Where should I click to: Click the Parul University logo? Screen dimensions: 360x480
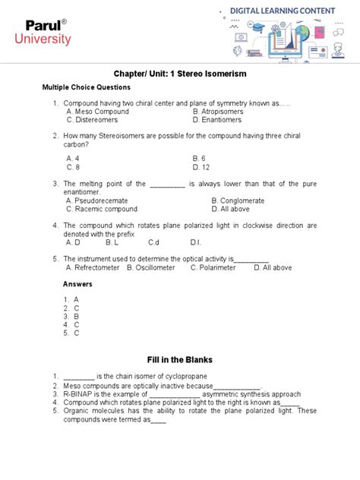(x=46, y=33)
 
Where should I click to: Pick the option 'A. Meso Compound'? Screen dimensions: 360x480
(x=97, y=111)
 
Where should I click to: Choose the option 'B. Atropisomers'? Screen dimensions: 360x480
(x=218, y=111)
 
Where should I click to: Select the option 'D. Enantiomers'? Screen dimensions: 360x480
(x=217, y=119)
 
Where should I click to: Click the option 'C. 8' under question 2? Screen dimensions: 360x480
(x=74, y=166)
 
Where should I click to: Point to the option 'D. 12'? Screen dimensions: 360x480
(x=201, y=166)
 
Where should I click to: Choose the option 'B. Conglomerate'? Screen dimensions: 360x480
(x=243, y=201)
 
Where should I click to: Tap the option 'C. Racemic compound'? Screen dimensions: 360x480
(x=102, y=208)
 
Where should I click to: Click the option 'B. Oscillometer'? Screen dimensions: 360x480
(x=155, y=267)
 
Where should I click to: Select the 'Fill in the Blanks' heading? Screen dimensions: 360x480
(x=179, y=358)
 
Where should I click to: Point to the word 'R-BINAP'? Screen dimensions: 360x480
(x=76, y=394)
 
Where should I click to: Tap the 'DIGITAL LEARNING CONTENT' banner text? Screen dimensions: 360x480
(x=289, y=11)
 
